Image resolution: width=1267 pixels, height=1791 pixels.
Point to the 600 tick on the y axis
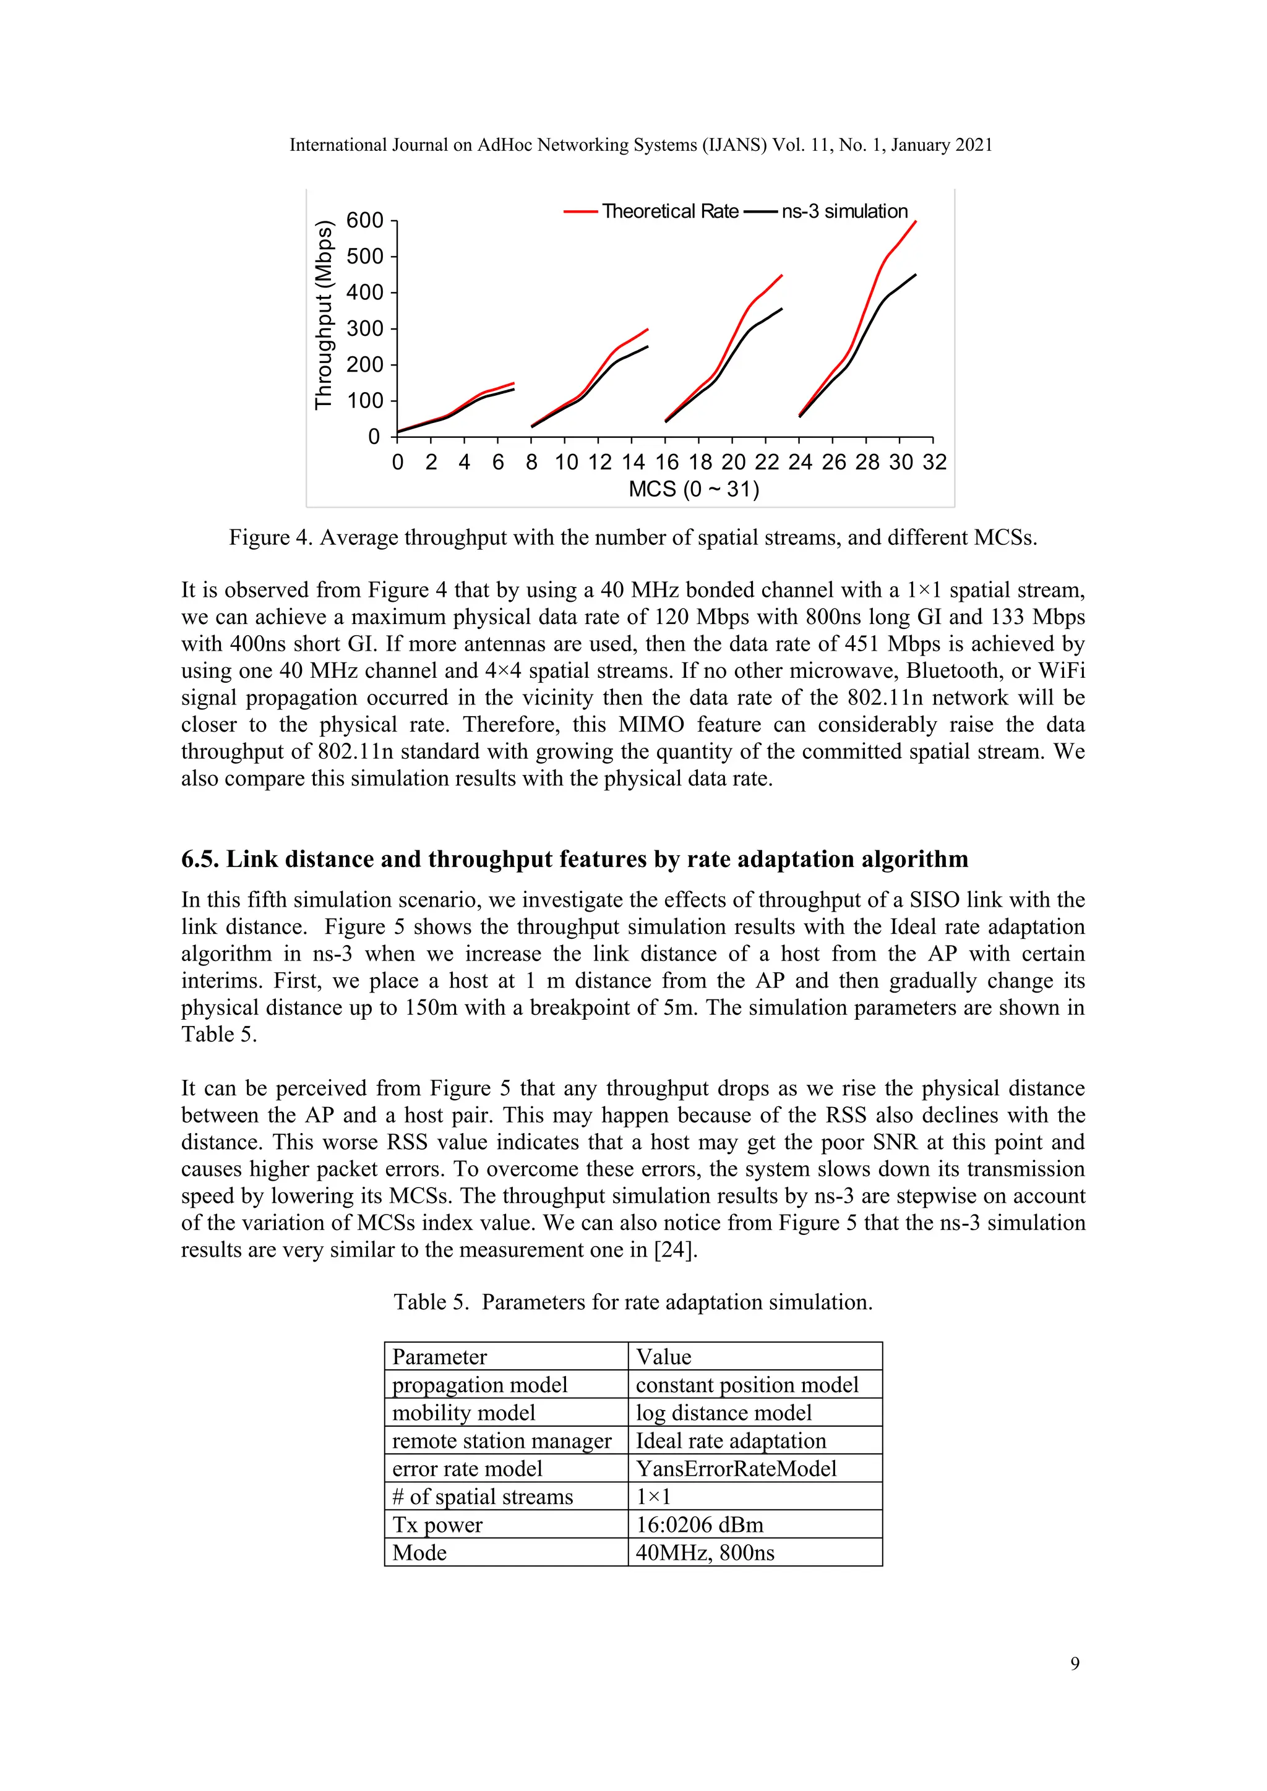click(x=365, y=221)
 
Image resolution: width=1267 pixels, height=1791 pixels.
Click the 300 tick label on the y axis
click(x=365, y=328)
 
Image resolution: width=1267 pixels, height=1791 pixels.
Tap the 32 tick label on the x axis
click(x=934, y=463)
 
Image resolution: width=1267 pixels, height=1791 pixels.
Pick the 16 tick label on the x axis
click(x=666, y=463)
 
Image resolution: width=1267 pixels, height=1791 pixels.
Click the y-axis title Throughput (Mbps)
click(x=323, y=315)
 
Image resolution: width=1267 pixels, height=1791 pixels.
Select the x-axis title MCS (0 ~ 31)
click(x=694, y=489)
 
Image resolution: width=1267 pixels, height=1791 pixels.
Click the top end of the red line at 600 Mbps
click(x=915, y=221)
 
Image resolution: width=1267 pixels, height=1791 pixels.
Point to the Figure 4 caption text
click(x=633, y=537)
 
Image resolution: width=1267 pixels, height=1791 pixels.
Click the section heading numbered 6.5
click(x=574, y=859)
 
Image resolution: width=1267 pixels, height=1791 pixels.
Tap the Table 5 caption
click(x=633, y=1302)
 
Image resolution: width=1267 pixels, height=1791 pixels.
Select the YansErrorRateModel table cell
click(x=736, y=1468)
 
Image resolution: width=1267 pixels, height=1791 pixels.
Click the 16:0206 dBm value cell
click(x=699, y=1524)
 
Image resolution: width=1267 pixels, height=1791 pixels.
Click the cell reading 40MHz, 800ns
click(x=705, y=1552)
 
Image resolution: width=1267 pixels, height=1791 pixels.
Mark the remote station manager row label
click(x=501, y=1441)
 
